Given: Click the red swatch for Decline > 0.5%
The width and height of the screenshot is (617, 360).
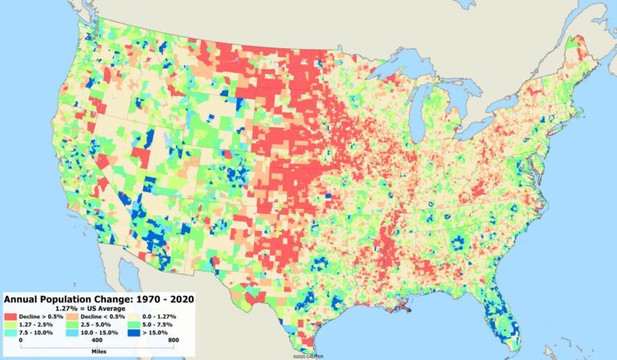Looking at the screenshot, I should [x=12, y=317].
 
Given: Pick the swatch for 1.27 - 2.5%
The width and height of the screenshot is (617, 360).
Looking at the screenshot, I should [x=12, y=325].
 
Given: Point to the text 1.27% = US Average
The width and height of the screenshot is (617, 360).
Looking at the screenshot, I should [x=96, y=309].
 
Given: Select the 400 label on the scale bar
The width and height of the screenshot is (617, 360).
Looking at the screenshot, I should [x=96, y=342].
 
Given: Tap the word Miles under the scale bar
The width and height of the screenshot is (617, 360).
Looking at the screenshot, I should [x=96, y=351].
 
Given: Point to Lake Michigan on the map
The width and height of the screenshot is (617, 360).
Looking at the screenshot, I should [x=418, y=121].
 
